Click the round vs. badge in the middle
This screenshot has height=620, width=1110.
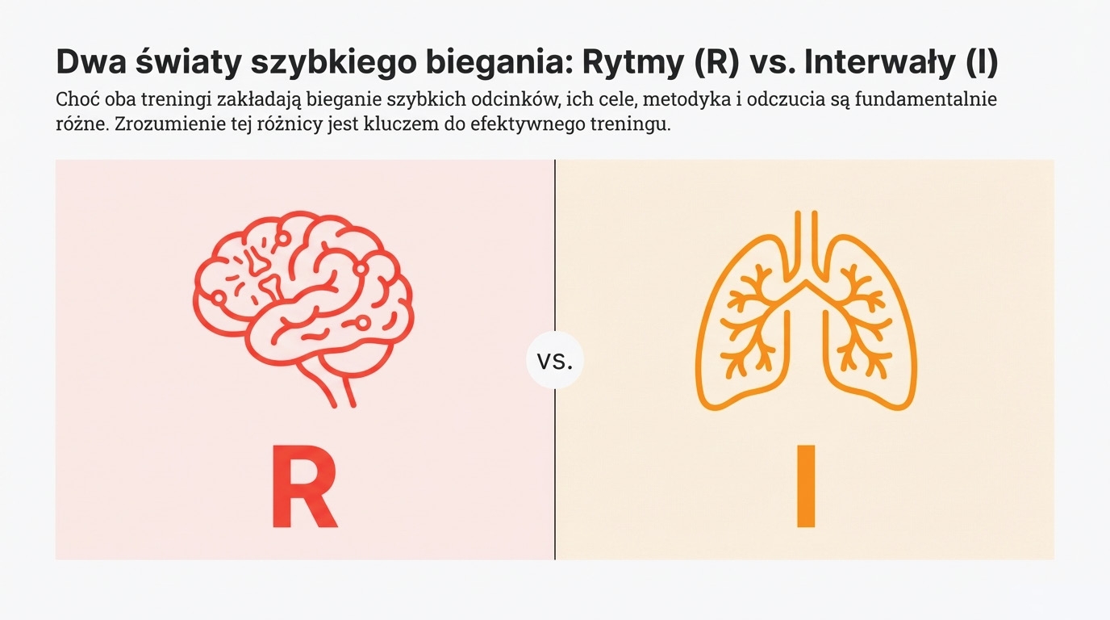click(555, 360)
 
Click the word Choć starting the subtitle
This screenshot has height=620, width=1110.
click(77, 100)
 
